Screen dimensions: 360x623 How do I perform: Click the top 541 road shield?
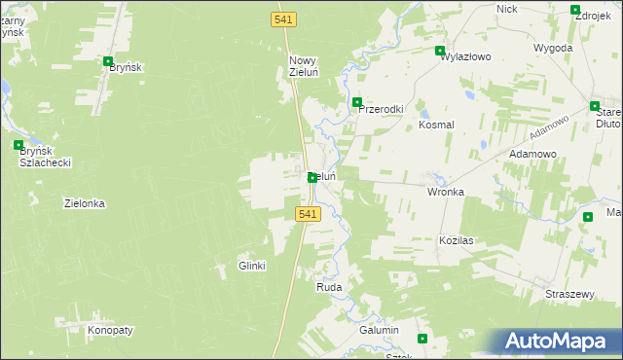(x=282, y=19)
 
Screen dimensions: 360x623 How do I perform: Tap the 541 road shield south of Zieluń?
(x=307, y=214)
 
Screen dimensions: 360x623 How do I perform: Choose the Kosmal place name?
(x=436, y=125)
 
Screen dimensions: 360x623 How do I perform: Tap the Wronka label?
(x=446, y=192)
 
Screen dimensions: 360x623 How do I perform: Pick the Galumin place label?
(x=380, y=331)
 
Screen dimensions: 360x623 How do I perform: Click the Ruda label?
(x=328, y=288)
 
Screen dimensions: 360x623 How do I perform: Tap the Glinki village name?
(x=252, y=266)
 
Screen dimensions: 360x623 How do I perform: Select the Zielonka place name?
(x=84, y=203)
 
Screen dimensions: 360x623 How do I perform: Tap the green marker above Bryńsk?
(x=108, y=61)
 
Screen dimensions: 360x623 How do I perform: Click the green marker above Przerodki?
(x=357, y=102)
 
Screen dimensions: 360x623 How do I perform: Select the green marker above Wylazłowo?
(x=440, y=51)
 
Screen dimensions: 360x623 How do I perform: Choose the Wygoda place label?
(x=553, y=47)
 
